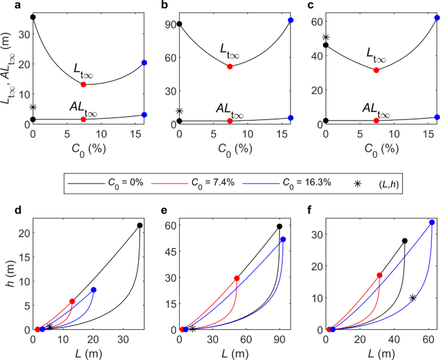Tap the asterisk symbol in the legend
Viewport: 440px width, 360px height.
(x=358, y=183)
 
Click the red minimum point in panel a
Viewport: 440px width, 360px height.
(x=84, y=85)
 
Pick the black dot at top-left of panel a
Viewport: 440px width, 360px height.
(x=33, y=17)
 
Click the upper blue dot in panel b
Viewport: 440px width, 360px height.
(x=290, y=21)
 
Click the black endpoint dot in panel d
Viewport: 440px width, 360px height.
(x=139, y=225)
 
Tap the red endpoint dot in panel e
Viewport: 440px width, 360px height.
(x=237, y=278)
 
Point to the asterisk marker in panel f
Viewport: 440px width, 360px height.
(x=412, y=298)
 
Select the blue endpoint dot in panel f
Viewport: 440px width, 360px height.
(x=432, y=223)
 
